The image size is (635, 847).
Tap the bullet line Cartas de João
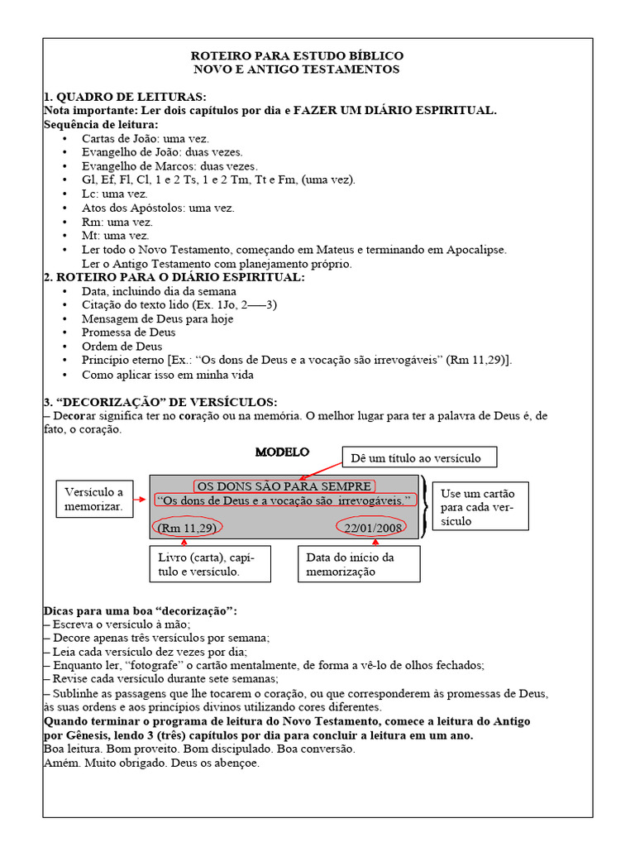146,138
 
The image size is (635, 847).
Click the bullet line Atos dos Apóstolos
158,208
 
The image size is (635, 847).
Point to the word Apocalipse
474,249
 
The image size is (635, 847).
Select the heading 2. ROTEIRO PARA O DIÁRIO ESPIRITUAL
174,277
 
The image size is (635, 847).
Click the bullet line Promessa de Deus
128,333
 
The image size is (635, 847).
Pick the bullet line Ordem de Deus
122,347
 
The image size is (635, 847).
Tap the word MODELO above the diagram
282,452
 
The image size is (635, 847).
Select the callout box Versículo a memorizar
93,499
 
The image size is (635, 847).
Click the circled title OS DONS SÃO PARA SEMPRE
284,486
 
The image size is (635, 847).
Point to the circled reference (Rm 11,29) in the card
187,528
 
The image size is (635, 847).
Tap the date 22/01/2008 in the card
373,528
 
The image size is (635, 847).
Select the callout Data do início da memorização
358,564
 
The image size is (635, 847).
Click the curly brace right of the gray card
424,505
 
